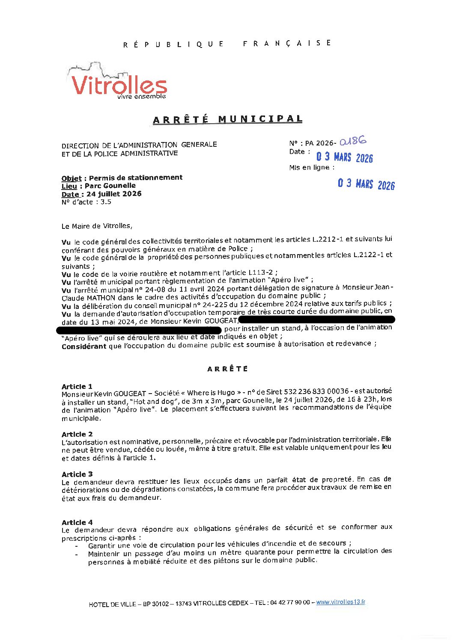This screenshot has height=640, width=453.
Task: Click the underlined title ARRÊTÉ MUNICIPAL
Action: (x=227, y=119)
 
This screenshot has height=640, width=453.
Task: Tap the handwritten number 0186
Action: (x=353, y=141)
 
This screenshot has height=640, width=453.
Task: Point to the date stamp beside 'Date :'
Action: (x=345, y=157)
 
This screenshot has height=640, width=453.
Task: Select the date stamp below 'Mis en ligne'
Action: (x=366, y=184)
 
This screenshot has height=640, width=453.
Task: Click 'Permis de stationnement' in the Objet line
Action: (x=136, y=178)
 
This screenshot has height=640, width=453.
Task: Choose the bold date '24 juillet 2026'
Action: (x=114, y=194)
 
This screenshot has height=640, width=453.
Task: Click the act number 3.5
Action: (x=106, y=202)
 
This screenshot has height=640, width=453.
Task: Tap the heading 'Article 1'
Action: (x=77, y=386)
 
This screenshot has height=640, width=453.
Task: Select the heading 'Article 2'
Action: (x=77, y=434)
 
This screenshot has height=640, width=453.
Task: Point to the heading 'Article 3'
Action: (x=77, y=474)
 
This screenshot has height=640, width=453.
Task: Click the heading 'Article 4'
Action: (x=77, y=522)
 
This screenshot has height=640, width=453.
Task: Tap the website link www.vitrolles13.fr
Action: (x=340, y=602)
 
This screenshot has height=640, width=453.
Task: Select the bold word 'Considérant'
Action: (x=83, y=347)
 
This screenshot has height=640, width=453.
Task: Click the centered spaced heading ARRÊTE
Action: (x=227, y=369)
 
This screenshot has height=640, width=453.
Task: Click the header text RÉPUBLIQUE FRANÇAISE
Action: (x=227, y=44)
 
